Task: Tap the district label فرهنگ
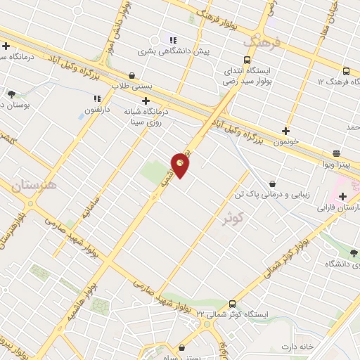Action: [262, 42]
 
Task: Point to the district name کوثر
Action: [231, 217]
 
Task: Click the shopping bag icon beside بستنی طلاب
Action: [131, 75]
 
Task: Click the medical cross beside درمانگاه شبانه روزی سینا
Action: [146, 101]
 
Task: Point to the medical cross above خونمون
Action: [285, 130]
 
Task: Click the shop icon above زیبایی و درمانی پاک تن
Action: [272, 184]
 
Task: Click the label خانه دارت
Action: [316, 347]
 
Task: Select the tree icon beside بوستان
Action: [11, 94]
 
